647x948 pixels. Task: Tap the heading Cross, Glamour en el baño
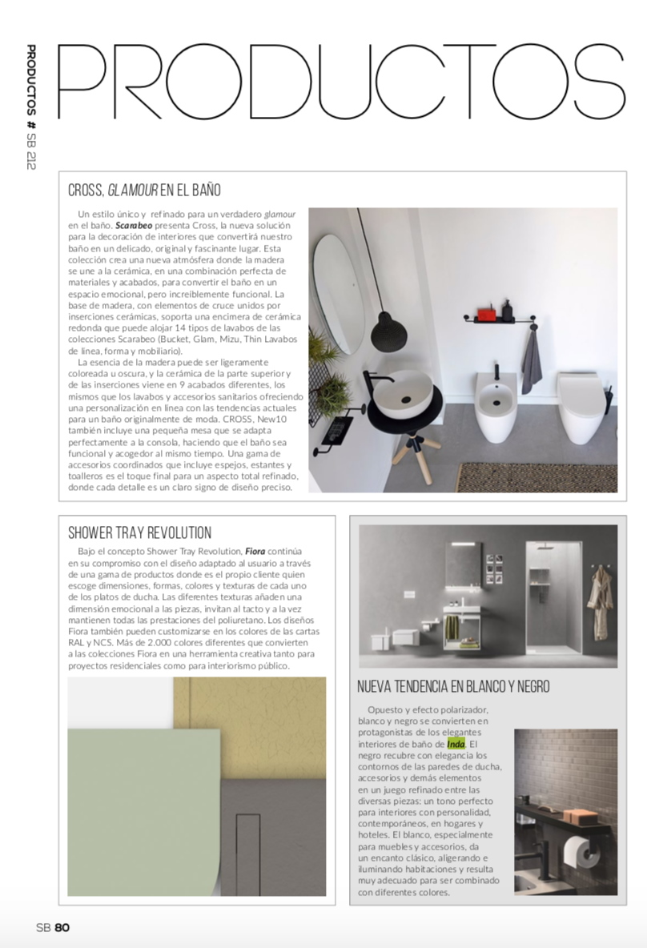tap(145, 191)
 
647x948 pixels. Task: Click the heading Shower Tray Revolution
tap(140, 532)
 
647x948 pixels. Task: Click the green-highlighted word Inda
tap(456, 744)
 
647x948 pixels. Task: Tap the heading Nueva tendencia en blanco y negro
tap(453, 686)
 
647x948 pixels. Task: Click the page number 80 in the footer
tap(63, 927)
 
